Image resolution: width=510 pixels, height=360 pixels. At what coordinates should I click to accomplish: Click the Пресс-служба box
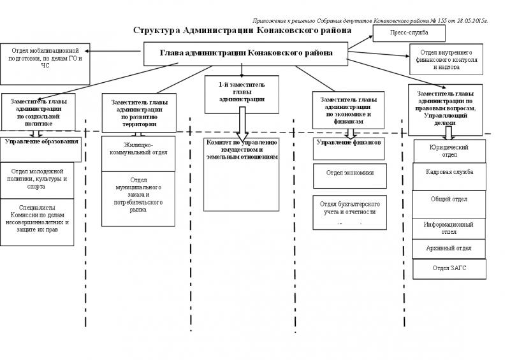409,33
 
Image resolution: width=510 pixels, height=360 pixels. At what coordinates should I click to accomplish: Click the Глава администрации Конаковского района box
246,54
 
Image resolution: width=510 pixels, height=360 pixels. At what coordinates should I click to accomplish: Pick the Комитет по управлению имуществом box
241,173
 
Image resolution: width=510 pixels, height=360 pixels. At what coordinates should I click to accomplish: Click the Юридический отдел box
449,151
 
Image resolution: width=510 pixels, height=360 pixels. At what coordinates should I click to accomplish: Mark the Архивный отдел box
449,248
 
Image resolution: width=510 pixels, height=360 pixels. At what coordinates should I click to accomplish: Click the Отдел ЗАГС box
449,269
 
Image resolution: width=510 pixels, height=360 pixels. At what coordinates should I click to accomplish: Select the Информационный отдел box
449,228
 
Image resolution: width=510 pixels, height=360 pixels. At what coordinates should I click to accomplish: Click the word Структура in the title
156,31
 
